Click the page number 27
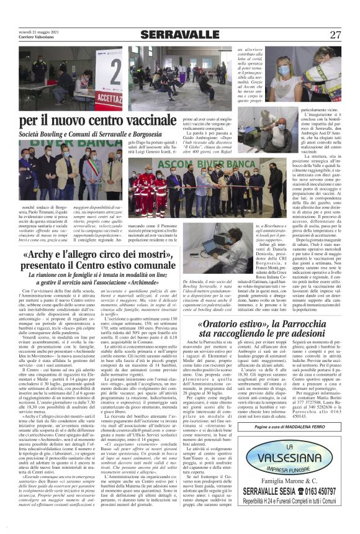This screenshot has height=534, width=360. click(x=335, y=34)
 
